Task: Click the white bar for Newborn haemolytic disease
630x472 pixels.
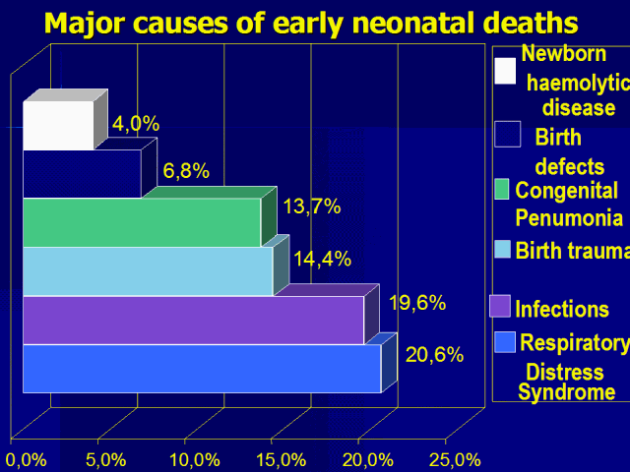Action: (58, 126)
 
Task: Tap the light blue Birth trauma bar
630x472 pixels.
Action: (147, 270)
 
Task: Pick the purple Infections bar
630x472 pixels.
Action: (193, 320)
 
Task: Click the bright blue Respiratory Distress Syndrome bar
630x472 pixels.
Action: (201, 369)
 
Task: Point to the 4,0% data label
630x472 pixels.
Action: (136, 124)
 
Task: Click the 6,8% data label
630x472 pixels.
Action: (186, 171)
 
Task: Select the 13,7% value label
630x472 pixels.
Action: (311, 206)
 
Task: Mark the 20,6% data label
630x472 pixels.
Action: (434, 355)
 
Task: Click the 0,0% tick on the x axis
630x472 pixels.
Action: (27, 459)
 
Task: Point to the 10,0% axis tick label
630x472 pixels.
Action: (194, 459)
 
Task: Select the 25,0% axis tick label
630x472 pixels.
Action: (454, 459)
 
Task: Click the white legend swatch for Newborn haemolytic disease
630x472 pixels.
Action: (505, 71)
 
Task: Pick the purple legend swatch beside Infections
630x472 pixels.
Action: (501, 306)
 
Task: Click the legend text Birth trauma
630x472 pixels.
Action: (572, 250)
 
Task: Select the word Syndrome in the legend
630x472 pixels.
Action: (567, 392)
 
